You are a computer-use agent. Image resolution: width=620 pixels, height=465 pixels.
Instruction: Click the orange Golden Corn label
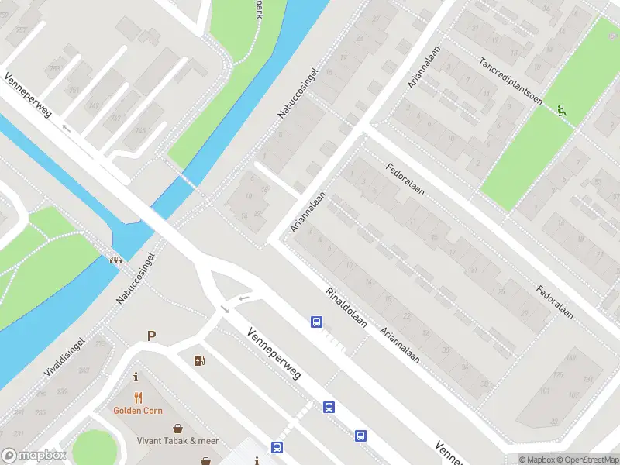pyautogui.click(x=137, y=410)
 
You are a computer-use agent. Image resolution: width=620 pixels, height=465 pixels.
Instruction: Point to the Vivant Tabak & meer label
pyautogui.click(x=178, y=441)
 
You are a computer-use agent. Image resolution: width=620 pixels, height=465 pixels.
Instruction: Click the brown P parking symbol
pyautogui.click(x=152, y=336)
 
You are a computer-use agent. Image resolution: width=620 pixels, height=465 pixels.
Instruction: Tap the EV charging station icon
pyautogui.click(x=199, y=360)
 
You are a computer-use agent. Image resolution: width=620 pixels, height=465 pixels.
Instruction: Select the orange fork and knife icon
pyautogui.click(x=137, y=395)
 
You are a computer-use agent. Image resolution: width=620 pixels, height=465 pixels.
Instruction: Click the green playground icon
pyautogui.click(x=561, y=111)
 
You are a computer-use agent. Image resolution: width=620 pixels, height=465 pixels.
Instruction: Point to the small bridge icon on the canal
pyautogui.click(x=116, y=259)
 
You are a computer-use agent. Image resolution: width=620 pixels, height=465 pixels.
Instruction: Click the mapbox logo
pyautogui.click(x=34, y=456)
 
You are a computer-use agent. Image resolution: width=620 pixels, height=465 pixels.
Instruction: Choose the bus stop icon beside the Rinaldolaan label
pyautogui.click(x=316, y=322)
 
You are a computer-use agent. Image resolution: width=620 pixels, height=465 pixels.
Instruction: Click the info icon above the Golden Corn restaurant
pyautogui.click(x=137, y=377)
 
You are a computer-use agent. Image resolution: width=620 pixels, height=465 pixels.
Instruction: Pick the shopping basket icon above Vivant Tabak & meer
pyautogui.click(x=178, y=427)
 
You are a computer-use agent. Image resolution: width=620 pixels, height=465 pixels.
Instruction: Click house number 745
pyautogui.click(x=141, y=129)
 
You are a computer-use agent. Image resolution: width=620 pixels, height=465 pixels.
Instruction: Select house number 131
pyautogui.click(x=587, y=379)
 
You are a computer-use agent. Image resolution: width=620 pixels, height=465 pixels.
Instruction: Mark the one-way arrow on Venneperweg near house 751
pyautogui.click(x=67, y=129)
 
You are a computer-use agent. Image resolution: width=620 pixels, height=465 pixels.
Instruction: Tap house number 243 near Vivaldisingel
pyautogui.click(x=83, y=370)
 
